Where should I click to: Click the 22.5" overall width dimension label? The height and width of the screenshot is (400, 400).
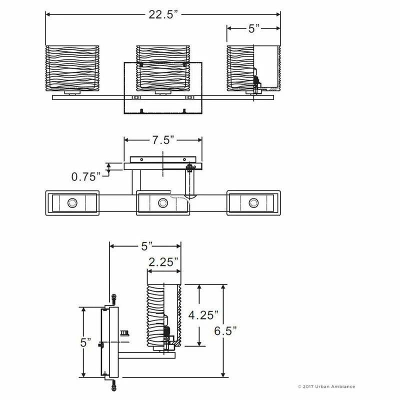tap(163, 14)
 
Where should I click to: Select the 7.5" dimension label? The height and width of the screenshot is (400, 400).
tap(163, 140)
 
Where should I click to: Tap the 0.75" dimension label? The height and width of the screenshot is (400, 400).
tap(86, 176)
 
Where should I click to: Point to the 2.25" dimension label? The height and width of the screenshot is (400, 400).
tap(163, 262)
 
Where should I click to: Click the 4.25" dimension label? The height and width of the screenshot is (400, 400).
tap(203, 315)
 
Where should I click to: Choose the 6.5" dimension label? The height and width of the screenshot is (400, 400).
tap(225, 331)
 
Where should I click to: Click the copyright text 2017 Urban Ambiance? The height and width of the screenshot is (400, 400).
tap(326, 386)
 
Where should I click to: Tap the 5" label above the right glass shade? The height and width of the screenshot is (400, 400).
tap(254, 28)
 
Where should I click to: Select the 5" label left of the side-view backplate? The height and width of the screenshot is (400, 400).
tap(85, 342)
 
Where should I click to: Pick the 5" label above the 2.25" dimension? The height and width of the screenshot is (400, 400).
tap(146, 246)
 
